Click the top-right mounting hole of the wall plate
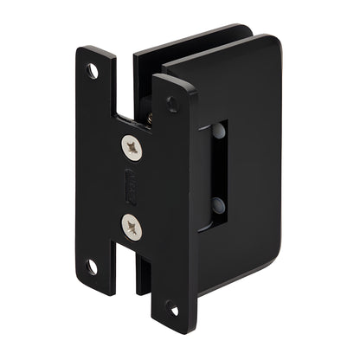[173, 102]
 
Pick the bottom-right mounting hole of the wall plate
[171, 308]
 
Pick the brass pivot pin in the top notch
[149, 111]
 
